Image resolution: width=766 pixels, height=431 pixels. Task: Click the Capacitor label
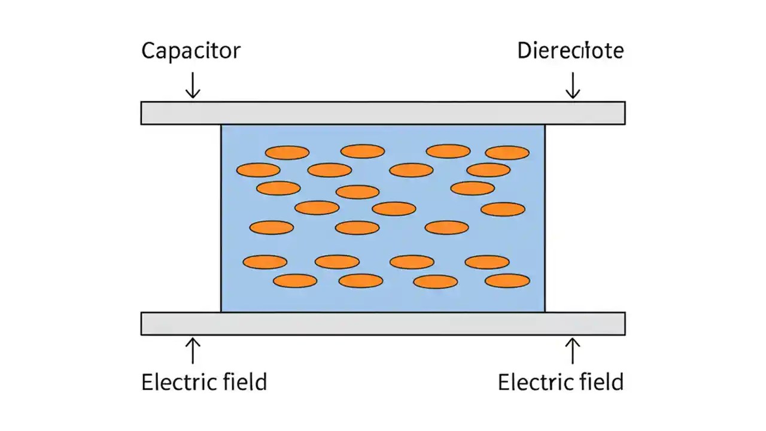(x=190, y=50)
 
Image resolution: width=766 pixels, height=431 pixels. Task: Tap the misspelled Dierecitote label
(x=570, y=50)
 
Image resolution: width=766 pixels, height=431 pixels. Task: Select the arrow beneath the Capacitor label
(x=192, y=85)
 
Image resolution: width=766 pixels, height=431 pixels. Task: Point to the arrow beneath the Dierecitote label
(x=573, y=85)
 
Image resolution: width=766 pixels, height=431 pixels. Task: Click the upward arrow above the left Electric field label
(x=192, y=351)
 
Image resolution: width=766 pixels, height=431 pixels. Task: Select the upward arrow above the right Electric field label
(x=573, y=351)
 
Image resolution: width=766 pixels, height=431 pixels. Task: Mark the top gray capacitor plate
(x=383, y=113)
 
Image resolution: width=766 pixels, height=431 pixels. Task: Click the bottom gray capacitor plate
(x=383, y=323)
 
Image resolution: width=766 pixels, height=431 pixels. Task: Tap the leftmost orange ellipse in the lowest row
(x=295, y=281)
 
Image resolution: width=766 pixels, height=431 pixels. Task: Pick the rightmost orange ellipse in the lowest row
(x=507, y=281)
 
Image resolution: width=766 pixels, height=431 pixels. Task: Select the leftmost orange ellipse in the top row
(x=287, y=153)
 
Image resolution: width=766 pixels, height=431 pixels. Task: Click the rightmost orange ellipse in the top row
(x=507, y=153)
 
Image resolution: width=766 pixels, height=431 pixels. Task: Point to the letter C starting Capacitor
(x=148, y=50)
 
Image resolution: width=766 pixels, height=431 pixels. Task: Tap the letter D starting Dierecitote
(x=524, y=50)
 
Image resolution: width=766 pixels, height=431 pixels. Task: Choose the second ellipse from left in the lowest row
(x=360, y=281)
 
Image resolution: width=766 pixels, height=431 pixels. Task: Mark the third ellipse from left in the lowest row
(x=435, y=282)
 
